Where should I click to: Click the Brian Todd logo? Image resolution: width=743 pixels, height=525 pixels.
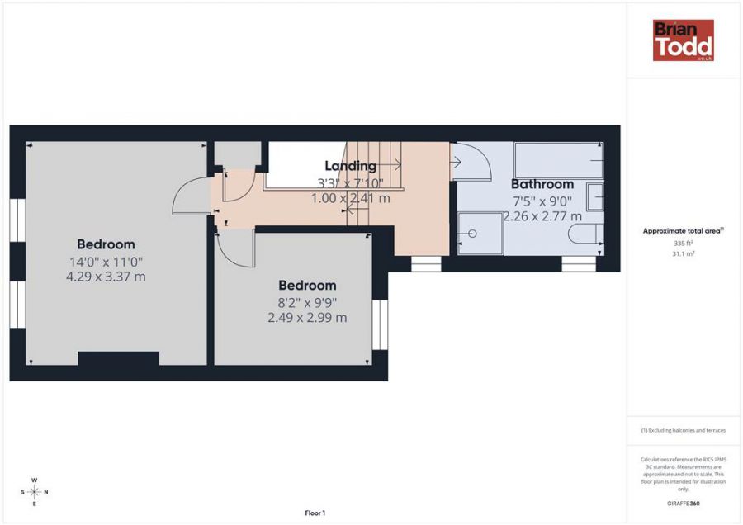(683, 40)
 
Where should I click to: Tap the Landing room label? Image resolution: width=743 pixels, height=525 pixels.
(350, 166)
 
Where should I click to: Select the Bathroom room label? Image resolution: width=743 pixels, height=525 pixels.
(542, 184)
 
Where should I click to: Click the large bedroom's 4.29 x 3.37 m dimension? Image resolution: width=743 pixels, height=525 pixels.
(106, 277)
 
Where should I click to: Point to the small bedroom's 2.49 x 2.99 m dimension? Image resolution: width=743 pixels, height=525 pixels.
(306, 317)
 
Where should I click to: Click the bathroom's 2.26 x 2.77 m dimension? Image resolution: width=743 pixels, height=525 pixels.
(543, 216)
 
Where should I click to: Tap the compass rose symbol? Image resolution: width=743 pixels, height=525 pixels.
(34, 492)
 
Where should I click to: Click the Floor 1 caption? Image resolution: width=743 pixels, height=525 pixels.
(315, 513)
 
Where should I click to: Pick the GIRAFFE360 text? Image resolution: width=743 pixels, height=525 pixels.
(683, 503)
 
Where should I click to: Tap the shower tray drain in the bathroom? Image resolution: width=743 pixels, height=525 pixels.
(472, 234)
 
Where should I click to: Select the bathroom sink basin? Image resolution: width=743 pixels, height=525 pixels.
(595, 197)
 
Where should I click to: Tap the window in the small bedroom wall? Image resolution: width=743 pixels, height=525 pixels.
(380, 324)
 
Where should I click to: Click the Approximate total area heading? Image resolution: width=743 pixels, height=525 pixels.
(683, 231)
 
